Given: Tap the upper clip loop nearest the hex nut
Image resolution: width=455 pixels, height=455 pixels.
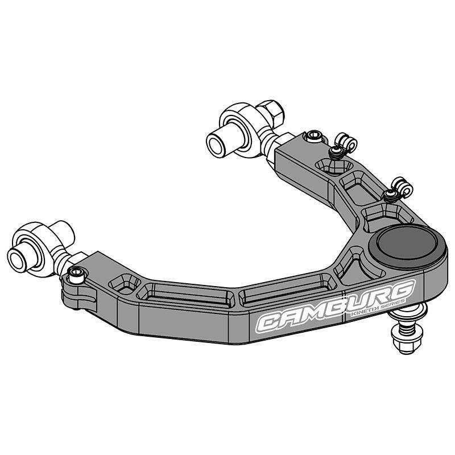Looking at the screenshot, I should [x=345, y=143].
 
